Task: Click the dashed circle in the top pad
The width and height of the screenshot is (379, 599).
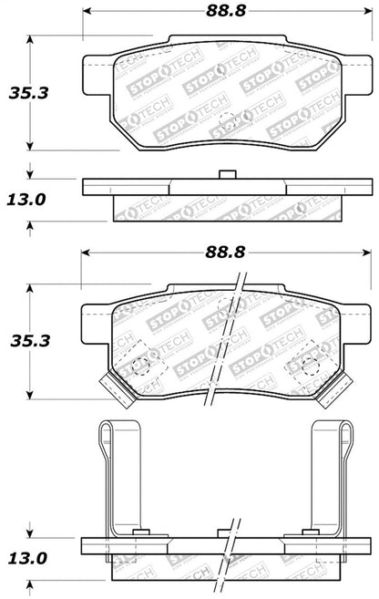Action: coord(235,119)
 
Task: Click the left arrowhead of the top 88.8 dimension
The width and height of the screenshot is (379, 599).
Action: coord(87,11)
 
